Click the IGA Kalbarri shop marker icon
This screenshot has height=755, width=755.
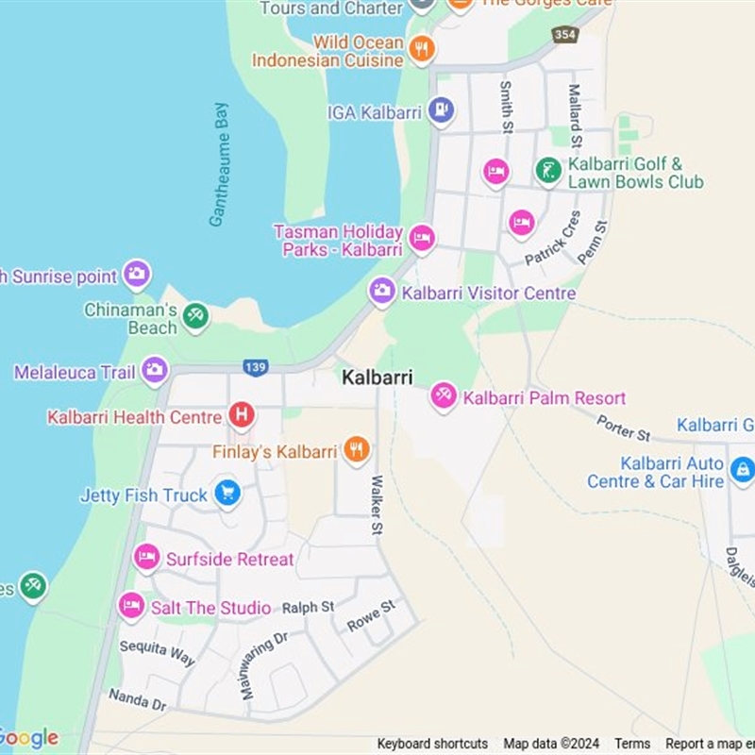tap(441, 111)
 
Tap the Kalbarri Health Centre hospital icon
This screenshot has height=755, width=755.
tap(242, 415)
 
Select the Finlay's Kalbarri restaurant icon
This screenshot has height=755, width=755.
tap(356, 450)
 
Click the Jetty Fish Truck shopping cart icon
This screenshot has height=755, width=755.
tap(226, 493)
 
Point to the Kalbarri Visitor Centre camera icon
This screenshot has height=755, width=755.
tap(381, 292)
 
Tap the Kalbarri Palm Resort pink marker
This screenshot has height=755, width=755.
tap(443, 396)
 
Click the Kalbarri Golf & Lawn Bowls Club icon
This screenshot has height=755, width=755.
tap(548, 171)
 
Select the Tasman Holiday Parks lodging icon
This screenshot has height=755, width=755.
tap(421, 238)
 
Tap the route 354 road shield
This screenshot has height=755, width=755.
tap(564, 34)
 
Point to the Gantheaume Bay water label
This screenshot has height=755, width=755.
tap(218, 164)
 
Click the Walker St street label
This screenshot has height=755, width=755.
tap(377, 507)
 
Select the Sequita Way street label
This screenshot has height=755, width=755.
tap(157, 652)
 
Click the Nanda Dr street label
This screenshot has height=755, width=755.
tap(137, 699)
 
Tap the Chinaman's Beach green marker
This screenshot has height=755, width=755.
tap(195, 316)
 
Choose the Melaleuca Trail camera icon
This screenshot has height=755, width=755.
tap(155, 371)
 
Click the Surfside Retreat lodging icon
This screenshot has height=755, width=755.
tap(146, 558)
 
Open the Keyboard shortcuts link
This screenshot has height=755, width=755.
tap(432, 744)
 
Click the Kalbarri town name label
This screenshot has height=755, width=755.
tap(377, 377)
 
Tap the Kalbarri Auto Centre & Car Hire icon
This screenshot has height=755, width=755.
tap(742, 469)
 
